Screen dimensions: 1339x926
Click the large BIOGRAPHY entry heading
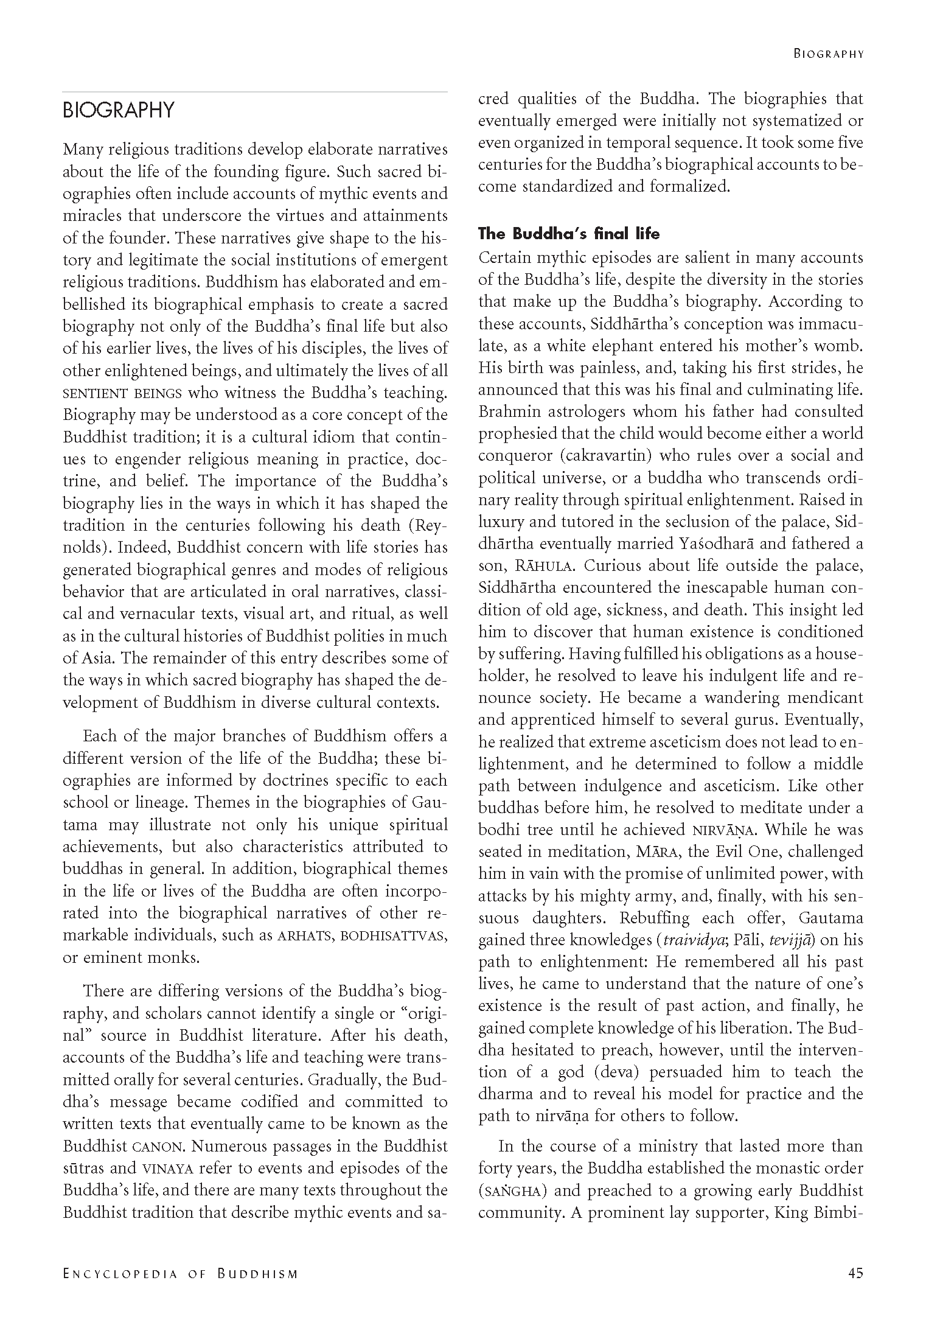(119, 110)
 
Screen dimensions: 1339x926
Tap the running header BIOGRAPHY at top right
(828, 54)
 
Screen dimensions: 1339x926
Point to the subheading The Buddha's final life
(569, 234)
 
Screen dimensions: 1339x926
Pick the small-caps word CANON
(156, 1147)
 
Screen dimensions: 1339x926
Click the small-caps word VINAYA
(167, 1169)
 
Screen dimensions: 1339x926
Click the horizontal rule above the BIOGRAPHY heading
(255, 93)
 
